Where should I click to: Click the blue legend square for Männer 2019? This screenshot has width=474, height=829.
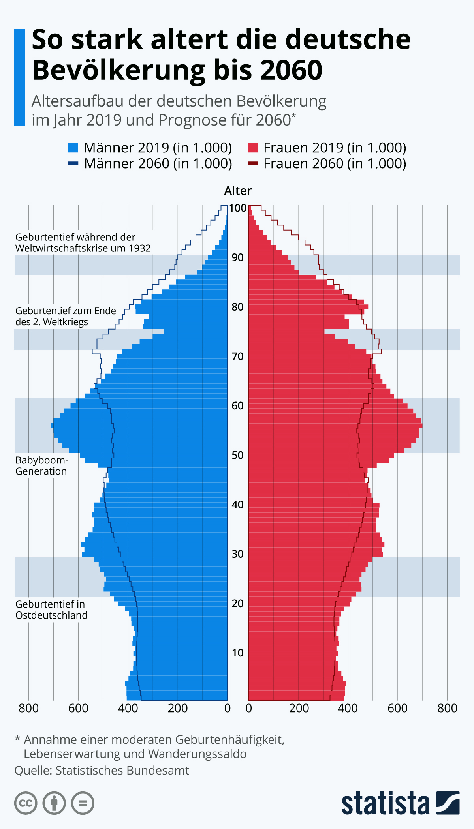click(73, 148)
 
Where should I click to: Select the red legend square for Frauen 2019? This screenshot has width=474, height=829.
click(252, 148)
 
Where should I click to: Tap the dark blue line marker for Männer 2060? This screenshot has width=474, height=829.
click(73, 163)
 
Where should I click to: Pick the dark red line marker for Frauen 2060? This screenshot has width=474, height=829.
click(252, 163)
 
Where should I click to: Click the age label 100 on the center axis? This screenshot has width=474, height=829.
click(238, 208)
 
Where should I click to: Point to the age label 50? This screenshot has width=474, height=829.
click(238, 455)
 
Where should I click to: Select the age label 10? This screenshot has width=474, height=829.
click(238, 653)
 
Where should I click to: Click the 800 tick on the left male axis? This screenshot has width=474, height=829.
click(28, 708)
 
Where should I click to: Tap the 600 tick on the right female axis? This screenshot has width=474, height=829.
click(397, 708)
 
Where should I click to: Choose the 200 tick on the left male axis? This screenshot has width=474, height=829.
click(178, 708)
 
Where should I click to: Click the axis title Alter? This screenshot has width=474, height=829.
click(238, 191)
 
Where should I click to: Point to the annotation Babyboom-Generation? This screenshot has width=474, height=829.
click(41, 466)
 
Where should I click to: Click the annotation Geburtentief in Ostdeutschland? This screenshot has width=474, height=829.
click(51, 610)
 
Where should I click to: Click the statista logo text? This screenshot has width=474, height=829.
click(385, 804)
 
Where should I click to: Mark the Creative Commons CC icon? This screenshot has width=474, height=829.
click(26, 803)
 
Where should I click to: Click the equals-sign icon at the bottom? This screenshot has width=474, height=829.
click(83, 803)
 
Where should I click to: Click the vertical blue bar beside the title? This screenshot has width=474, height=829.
click(20, 77)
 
